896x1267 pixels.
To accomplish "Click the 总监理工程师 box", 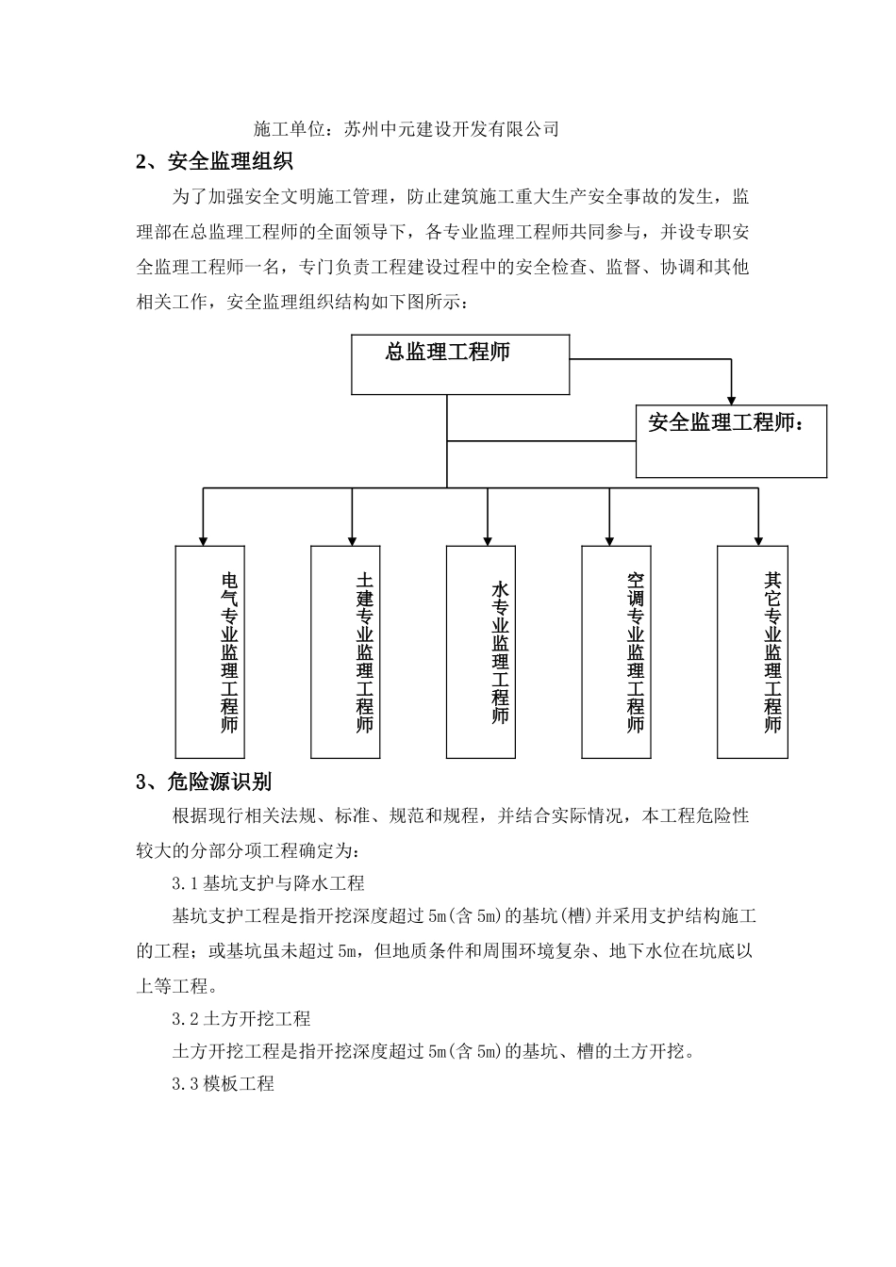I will pos(460,364).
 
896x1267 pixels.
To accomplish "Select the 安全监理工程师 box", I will pos(731,441).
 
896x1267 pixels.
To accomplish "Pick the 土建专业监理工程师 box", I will pos(346,651).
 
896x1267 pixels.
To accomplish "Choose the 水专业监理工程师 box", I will pos(481,651).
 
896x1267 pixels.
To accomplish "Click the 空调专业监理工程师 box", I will pos(617,651).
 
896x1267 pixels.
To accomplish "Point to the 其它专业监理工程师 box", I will pos(753,651).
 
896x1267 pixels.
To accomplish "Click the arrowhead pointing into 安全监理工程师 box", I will pos(731,398).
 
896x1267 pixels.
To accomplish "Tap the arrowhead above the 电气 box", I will pos(203,538).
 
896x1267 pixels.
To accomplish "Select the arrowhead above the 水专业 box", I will pos(487,538).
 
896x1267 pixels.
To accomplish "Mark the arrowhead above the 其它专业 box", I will pos(757,538).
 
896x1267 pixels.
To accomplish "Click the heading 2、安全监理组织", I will pos(215,162).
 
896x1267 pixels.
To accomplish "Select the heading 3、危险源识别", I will pos(205,782).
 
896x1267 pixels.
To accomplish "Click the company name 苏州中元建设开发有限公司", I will pos(452,129).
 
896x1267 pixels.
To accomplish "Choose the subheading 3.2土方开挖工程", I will pos(241,1019).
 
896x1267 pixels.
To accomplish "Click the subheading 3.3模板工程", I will pos(224,1083).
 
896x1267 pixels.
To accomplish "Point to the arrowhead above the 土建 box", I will pos(352,538).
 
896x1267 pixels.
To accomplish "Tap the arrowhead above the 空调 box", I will pos(609,538).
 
